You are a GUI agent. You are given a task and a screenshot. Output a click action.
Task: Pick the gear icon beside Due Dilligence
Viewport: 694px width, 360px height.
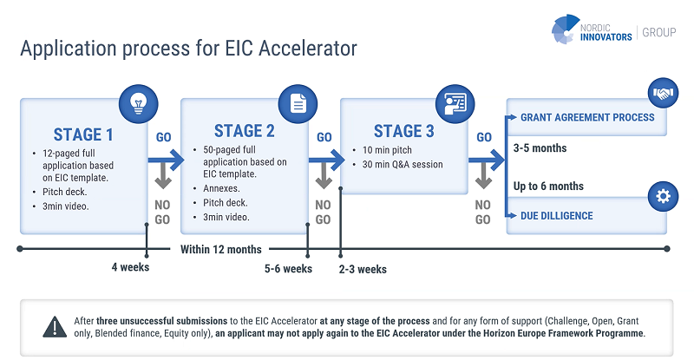click(663, 197)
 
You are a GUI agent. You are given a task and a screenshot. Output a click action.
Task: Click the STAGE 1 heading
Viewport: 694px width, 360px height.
click(83, 134)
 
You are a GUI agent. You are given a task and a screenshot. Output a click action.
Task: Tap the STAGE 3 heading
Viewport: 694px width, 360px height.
click(404, 131)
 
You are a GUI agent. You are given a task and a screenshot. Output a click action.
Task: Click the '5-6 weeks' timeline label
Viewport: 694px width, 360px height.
click(288, 269)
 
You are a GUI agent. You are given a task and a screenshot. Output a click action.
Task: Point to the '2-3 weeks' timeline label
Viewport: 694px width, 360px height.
click(363, 269)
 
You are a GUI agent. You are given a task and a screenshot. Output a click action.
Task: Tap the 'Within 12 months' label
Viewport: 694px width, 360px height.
click(220, 250)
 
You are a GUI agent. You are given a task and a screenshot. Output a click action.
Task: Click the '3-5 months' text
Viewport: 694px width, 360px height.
click(540, 148)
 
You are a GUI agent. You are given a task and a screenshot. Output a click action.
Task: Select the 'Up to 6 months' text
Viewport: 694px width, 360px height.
click(548, 186)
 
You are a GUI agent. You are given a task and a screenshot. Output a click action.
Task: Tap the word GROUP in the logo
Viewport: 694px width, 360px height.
click(661, 33)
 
